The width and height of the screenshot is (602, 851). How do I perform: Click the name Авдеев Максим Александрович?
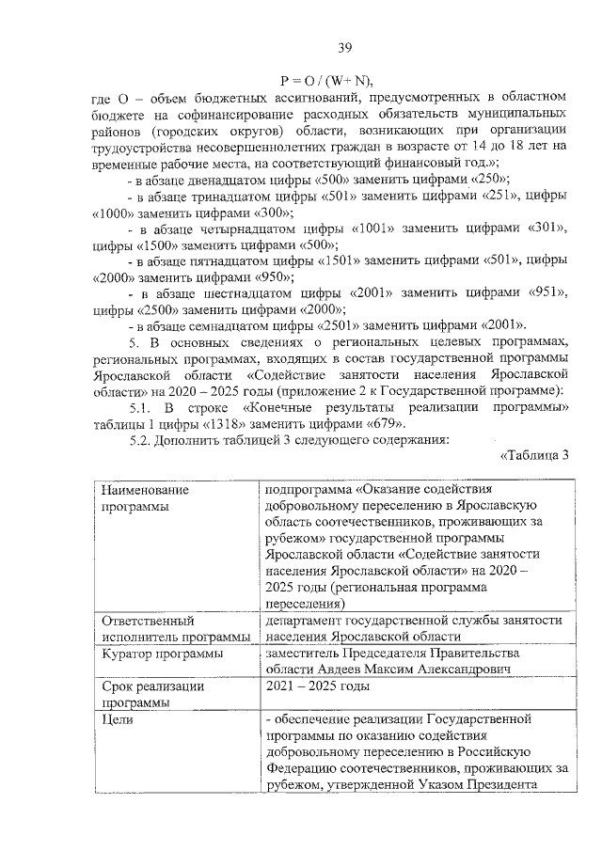[419, 669]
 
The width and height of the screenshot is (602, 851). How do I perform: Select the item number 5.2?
[140, 439]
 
